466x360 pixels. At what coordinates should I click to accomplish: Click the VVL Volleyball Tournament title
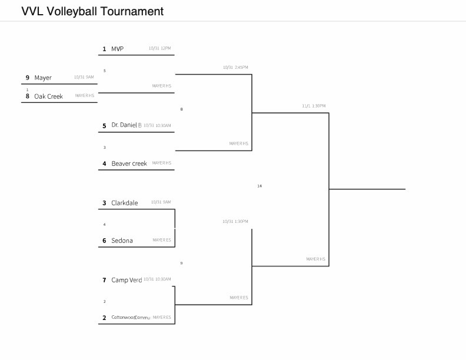coord(92,11)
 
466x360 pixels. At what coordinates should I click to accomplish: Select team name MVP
coord(117,49)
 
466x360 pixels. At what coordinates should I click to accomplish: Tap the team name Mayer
coord(43,78)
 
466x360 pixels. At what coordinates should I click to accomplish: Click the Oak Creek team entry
coord(48,96)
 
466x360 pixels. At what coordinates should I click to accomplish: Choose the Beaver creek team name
coord(129,164)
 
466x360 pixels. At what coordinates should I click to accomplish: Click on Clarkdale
coord(125,203)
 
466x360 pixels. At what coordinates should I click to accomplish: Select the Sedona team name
coord(122,241)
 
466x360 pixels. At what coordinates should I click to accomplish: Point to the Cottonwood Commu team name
coord(131,318)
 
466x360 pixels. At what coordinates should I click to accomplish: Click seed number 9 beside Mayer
coord(27,78)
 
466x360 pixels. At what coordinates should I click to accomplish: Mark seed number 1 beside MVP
coord(104,49)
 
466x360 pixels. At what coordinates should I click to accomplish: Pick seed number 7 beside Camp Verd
coord(104,280)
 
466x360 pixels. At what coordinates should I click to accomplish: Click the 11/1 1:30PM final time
coord(314,106)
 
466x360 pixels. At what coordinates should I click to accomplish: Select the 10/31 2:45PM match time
coord(235,67)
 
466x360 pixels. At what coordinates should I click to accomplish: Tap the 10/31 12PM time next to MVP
coord(160,48)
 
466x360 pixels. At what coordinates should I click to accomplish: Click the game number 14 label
coord(259,186)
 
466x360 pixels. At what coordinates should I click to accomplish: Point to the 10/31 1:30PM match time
coord(235,221)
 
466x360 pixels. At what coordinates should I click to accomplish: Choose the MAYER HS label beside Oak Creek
coord(85,95)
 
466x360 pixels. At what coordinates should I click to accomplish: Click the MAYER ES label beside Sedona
coord(162,240)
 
